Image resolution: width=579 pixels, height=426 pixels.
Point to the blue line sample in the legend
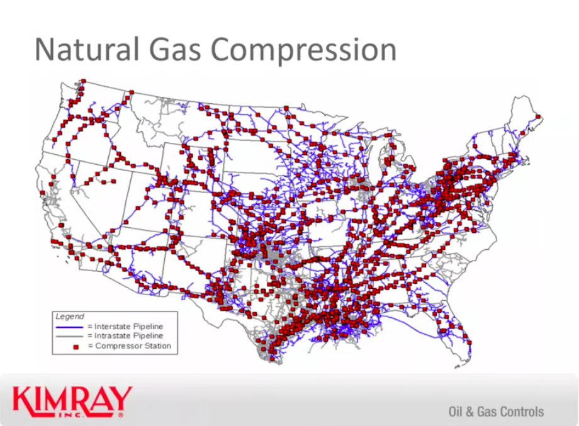click(69, 327)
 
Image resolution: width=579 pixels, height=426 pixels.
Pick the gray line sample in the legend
click(69, 336)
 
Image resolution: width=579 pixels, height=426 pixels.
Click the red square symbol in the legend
click(76, 346)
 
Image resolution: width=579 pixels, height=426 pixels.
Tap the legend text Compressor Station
click(133, 345)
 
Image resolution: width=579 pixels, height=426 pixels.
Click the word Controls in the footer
click(522, 412)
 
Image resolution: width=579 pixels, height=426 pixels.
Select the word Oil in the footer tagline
click(456, 412)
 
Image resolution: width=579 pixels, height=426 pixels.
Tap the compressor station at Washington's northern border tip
click(82, 82)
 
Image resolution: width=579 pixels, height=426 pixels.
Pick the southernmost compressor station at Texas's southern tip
click(273, 358)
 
